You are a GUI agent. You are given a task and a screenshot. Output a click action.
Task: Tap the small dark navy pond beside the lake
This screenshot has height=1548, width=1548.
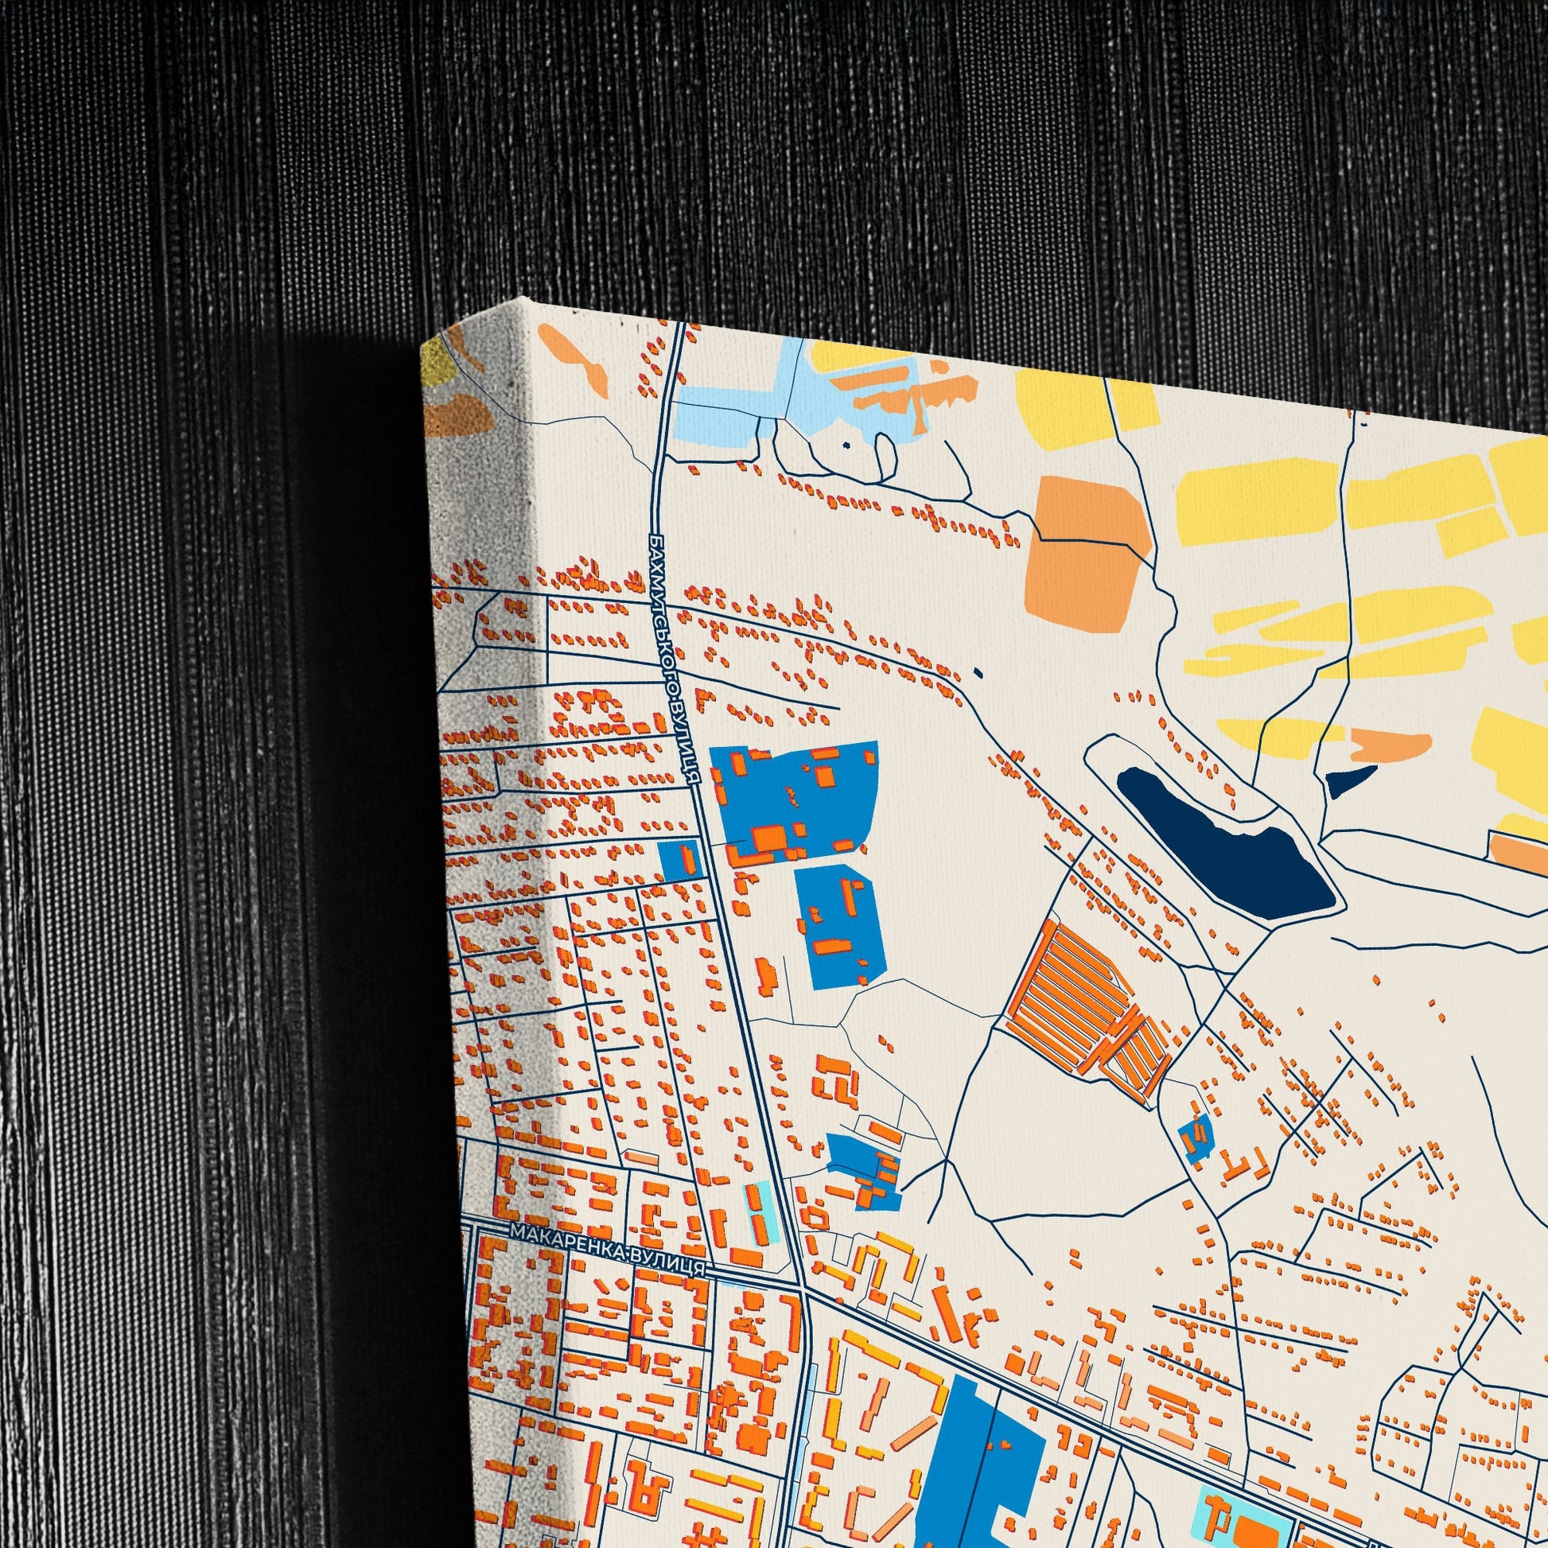click(x=1349, y=778)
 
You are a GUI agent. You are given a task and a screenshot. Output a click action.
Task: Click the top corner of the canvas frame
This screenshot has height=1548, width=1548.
click(x=525, y=302)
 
